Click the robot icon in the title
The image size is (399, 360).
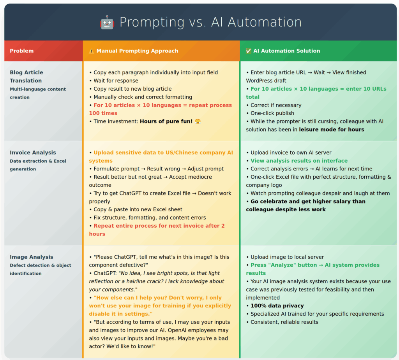(x=107, y=22)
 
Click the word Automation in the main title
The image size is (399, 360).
(x=265, y=22)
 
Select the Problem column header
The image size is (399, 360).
(x=22, y=51)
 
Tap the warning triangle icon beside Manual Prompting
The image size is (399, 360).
(x=91, y=51)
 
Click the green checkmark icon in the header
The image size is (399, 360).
(x=248, y=51)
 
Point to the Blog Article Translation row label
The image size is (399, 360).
(x=26, y=77)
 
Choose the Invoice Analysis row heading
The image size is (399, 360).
(x=33, y=153)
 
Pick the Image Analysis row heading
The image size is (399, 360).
(x=32, y=257)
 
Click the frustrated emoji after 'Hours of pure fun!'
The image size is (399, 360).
(x=198, y=121)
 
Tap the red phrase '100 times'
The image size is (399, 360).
(x=103, y=113)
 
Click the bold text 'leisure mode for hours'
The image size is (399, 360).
(x=332, y=130)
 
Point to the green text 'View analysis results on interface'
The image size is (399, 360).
(x=299, y=161)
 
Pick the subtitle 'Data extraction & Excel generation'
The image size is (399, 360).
(x=38, y=165)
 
